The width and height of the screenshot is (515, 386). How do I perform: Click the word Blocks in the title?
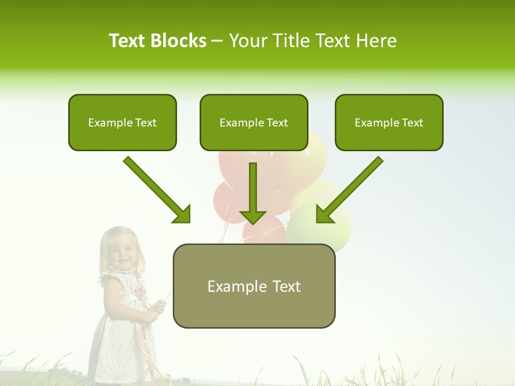click(x=179, y=41)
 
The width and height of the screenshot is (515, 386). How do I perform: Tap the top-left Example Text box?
click(x=122, y=123)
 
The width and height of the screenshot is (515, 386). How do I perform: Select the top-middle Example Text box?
click(x=254, y=123)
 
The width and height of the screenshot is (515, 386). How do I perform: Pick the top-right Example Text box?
click(x=389, y=123)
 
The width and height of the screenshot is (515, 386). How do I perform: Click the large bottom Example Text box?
click(x=254, y=286)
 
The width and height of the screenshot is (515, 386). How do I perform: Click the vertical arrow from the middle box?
click(x=253, y=193)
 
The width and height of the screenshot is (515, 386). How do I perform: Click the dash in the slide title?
click(x=217, y=41)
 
